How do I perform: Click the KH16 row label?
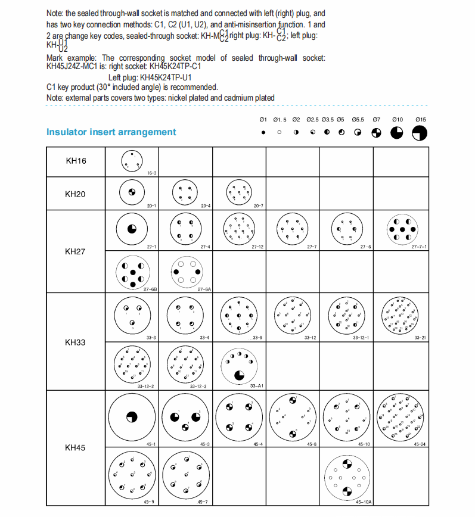76,161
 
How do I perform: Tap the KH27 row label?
76,251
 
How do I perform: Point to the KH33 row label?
76,342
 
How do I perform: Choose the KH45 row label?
76,446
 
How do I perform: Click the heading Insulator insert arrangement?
111,132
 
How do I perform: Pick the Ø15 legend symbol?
420,133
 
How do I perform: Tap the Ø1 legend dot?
263,133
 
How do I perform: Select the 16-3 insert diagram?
132,160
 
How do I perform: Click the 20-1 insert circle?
132,192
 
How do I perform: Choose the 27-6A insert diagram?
185,272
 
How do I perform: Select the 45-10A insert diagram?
346,477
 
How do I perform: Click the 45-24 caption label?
420,444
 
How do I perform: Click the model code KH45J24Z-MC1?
76,66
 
